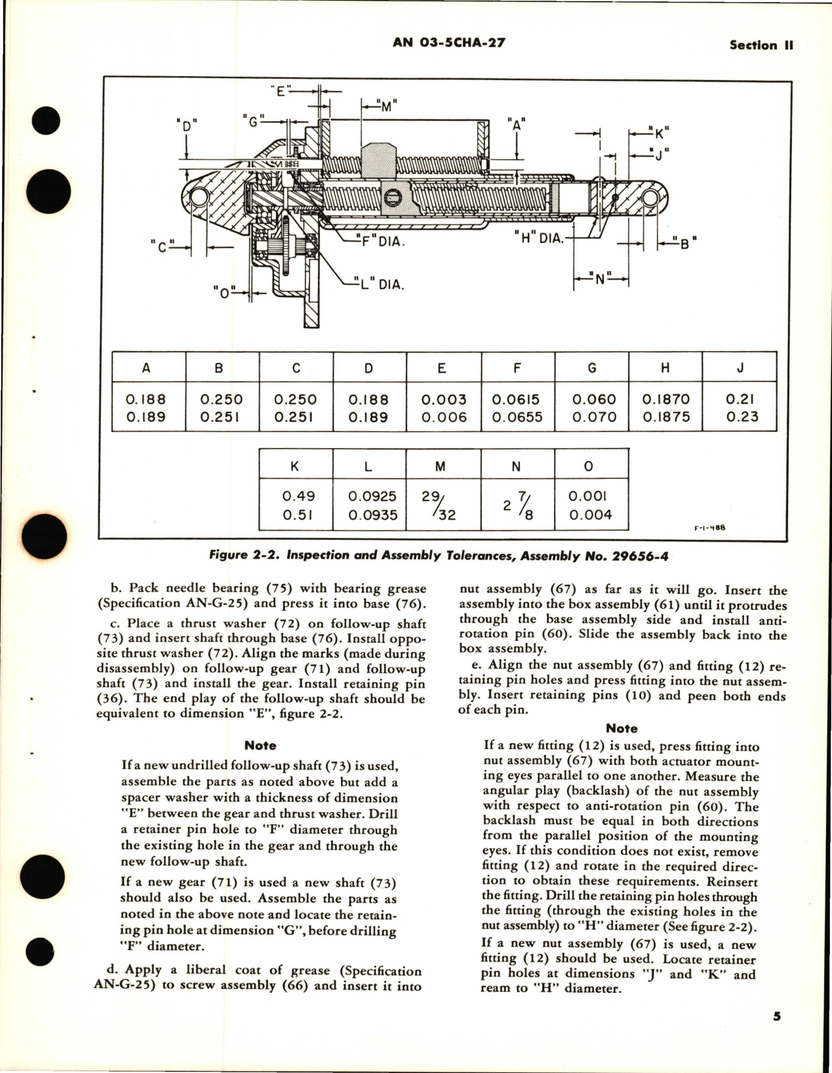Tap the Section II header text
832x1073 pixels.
click(x=761, y=45)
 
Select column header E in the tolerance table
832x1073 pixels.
click(x=443, y=368)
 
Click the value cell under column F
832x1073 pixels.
click(x=517, y=408)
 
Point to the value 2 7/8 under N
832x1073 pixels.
click(x=516, y=506)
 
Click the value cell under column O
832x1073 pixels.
click(x=590, y=506)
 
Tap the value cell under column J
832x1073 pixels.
click(x=741, y=408)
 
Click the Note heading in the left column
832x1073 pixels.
click(x=260, y=745)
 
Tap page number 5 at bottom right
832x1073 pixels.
click(x=776, y=1017)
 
